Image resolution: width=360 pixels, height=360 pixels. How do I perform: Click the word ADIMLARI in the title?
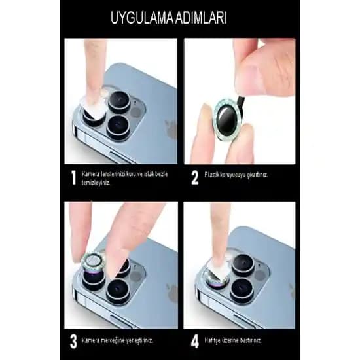tap(202, 18)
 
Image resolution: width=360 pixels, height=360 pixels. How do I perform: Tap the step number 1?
tap(73, 177)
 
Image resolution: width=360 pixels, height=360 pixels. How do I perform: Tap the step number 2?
tap(194, 177)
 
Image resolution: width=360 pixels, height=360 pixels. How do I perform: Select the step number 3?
tap(73, 342)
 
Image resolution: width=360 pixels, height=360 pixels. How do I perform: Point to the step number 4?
tap(194, 342)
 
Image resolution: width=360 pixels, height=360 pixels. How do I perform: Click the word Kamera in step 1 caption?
tap(90, 174)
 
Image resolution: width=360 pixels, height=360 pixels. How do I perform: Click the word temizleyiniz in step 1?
tap(96, 183)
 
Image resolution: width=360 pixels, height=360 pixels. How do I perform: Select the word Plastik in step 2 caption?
tap(212, 175)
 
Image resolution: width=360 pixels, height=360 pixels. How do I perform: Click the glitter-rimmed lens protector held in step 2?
tap(228, 117)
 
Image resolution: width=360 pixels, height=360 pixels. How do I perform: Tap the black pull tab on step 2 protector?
tap(241, 101)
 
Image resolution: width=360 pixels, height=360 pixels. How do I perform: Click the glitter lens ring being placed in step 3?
tap(93, 261)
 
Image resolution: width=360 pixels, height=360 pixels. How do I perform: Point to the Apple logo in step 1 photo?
tap(171, 128)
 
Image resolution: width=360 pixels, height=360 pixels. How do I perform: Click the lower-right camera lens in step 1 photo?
tap(118, 128)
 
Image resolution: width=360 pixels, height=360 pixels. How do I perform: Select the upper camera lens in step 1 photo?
tap(119, 101)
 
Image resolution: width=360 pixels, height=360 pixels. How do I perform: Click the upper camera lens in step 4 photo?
tap(243, 264)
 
